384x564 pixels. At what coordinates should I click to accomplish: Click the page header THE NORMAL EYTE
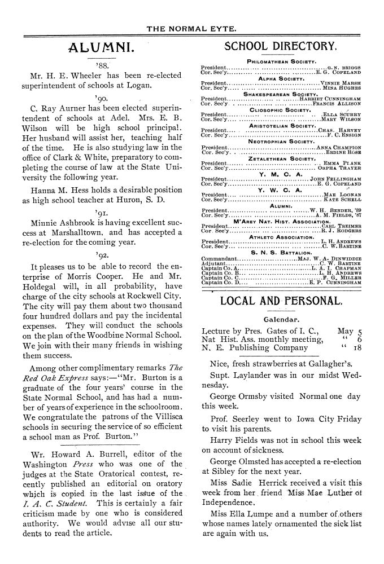click(191, 27)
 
